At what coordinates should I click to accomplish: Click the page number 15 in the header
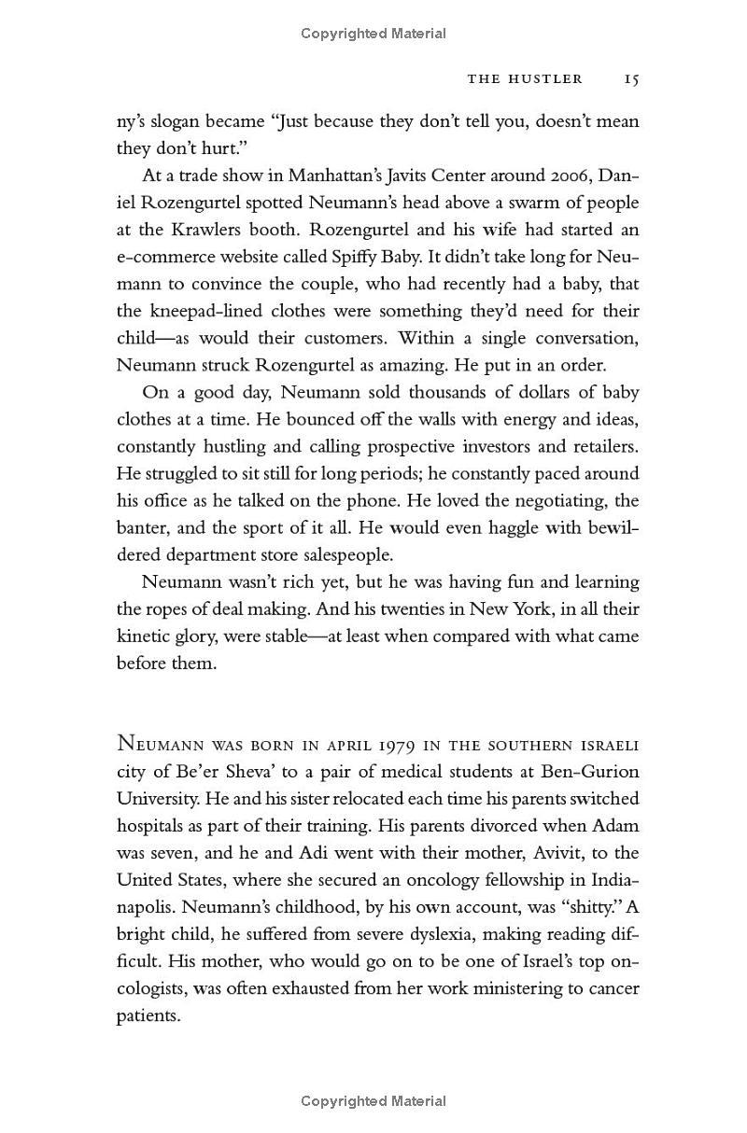click(x=631, y=79)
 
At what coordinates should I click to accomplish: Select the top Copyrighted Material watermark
click(x=373, y=34)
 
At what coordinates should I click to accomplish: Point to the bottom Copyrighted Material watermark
click(x=373, y=1101)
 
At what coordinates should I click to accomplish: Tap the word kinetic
click(x=141, y=636)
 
